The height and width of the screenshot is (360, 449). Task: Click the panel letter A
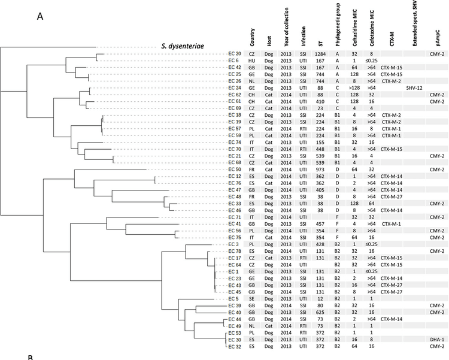(41, 16)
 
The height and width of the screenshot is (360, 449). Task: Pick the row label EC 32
(235, 346)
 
